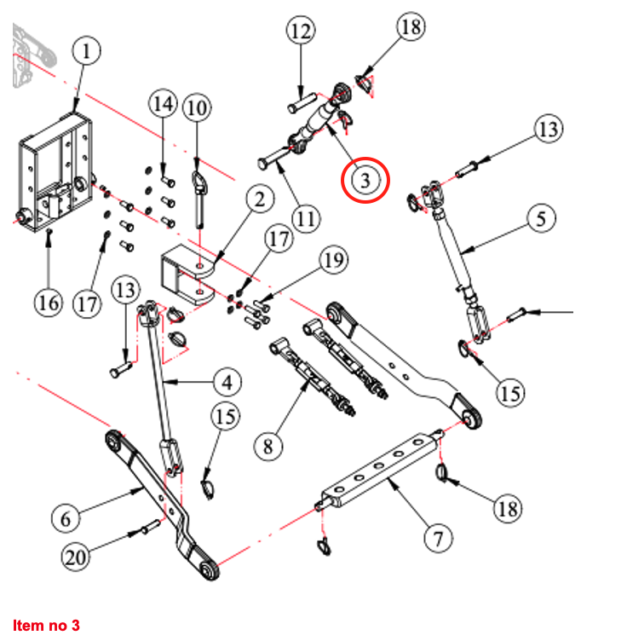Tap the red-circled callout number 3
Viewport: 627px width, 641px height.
pyautogui.click(x=365, y=181)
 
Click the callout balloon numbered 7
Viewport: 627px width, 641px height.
pyautogui.click(x=437, y=538)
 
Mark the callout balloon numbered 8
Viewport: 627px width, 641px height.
pyautogui.click(x=267, y=445)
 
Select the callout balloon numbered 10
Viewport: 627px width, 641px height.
pyautogui.click(x=197, y=108)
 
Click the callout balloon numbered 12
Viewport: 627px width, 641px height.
pyautogui.click(x=301, y=33)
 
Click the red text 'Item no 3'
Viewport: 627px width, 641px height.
pyautogui.click(x=46, y=625)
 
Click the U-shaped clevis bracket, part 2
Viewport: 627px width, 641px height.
pyautogui.click(x=187, y=269)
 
